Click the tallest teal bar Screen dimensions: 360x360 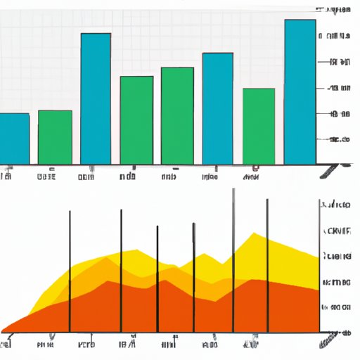point(300,91)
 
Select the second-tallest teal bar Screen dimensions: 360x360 point(96,98)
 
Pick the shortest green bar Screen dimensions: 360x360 point(55,136)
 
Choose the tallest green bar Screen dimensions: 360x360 point(177,115)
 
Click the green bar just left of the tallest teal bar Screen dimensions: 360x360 point(258,126)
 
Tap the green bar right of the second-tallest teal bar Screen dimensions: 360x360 point(136,120)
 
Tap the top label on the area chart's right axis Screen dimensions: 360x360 point(336,206)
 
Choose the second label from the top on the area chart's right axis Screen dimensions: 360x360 point(336,231)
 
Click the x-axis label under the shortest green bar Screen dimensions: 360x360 point(47,177)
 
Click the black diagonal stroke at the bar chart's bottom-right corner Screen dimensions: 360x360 point(330,169)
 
